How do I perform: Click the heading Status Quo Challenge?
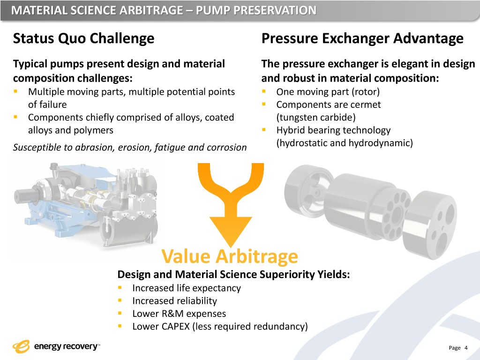tap(83, 38)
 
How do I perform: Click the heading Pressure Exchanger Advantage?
tap(362, 38)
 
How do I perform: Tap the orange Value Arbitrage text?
tap(230, 256)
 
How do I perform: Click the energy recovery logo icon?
tap(21, 347)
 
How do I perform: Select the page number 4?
tap(466, 348)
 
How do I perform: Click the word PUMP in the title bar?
tap(212, 10)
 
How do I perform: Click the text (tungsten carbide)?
tap(316, 118)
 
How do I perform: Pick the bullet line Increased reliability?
tap(174, 301)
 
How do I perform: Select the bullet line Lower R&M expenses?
tap(179, 314)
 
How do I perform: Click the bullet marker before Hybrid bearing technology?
tap(264, 130)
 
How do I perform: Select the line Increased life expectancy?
tap(187, 288)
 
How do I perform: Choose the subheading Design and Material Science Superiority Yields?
tap(233, 274)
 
